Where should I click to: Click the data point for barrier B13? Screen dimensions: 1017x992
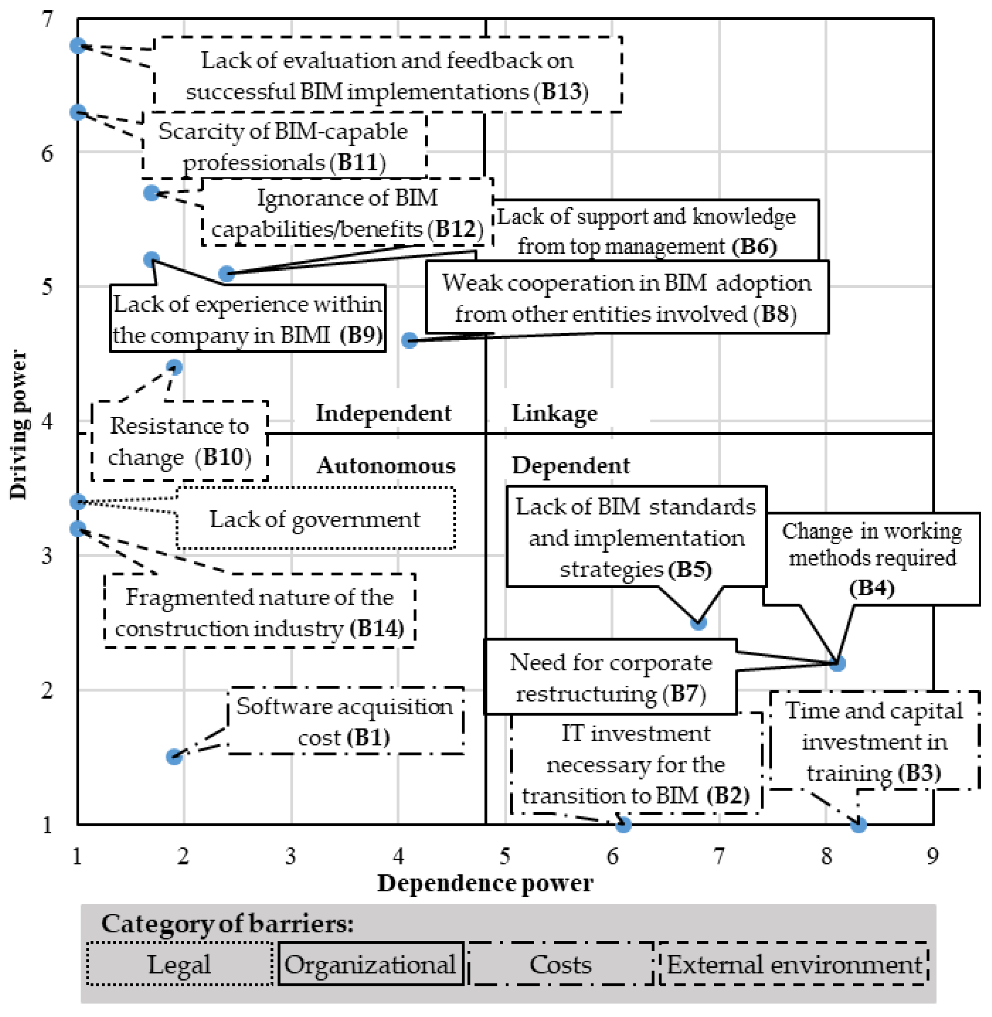click(78, 46)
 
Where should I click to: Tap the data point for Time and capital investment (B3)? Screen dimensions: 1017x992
click(859, 824)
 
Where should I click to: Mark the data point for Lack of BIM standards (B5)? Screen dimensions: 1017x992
click(698, 622)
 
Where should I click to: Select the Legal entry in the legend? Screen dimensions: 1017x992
click(179, 965)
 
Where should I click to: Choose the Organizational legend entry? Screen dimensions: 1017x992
click(371, 965)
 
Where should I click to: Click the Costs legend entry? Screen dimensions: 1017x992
click(560, 965)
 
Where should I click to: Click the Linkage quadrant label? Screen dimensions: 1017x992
click(554, 413)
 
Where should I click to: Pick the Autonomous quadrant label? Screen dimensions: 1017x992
click(385, 465)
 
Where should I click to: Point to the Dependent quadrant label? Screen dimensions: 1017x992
click(570, 465)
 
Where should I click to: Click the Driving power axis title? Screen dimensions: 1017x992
click(19, 425)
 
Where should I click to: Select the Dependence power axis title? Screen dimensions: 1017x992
click(485, 883)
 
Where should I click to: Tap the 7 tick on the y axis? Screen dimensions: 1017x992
click(47, 20)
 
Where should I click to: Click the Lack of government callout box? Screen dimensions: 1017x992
click(316, 519)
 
